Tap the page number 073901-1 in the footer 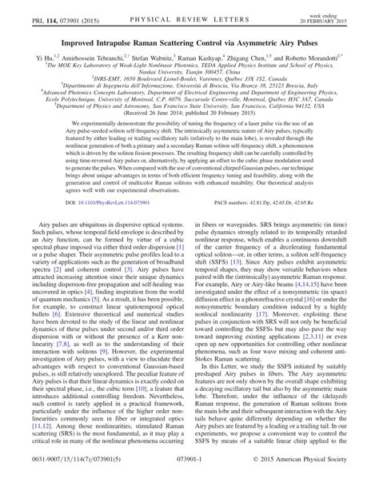pos(189,483)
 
